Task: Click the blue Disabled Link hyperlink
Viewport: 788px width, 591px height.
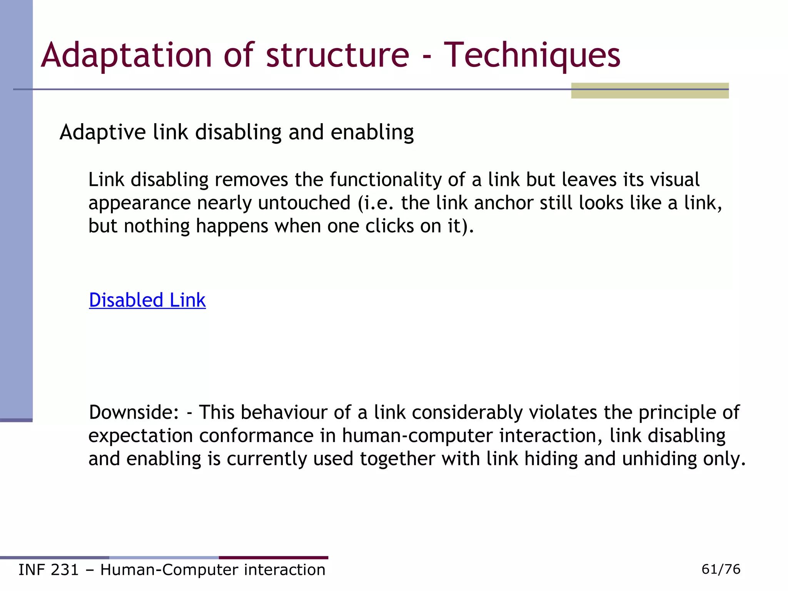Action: [x=147, y=300]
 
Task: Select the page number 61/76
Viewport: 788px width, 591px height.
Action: [x=721, y=569]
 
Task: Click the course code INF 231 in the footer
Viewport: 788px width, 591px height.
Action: [x=48, y=570]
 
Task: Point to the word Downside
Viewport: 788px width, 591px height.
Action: [x=134, y=412]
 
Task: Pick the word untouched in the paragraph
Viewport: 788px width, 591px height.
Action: [x=304, y=203]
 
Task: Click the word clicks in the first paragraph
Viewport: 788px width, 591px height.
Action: [x=389, y=226]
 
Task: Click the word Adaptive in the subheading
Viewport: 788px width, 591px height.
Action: [x=102, y=133]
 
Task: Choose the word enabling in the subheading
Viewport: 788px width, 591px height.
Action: [x=372, y=133]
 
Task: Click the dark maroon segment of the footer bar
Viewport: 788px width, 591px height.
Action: [x=273, y=558]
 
